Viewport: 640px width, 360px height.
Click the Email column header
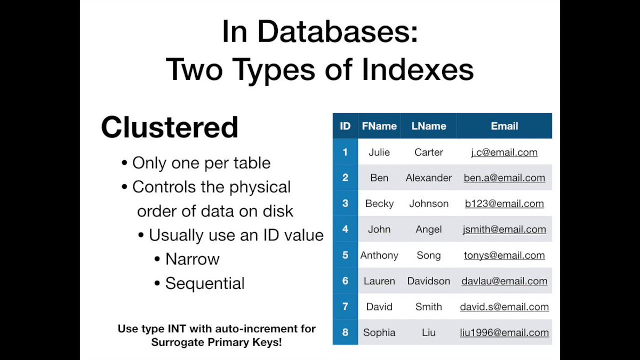pyautogui.click(x=504, y=126)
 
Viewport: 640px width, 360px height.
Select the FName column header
pyautogui.click(x=379, y=126)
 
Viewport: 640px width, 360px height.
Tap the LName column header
pyautogui.click(x=429, y=126)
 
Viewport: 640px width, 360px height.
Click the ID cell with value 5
pyautogui.click(x=345, y=255)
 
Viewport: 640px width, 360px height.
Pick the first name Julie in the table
pyautogui.click(x=379, y=153)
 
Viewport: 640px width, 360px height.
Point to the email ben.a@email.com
pyautogui.click(x=504, y=178)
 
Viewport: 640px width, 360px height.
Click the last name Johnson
pyautogui.click(x=429, y=204)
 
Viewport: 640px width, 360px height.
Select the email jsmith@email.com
pyautogui.click(x=504, y=229)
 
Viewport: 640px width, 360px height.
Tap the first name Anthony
pyautogui.click(x=379, y=255)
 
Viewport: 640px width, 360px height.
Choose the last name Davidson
pyautogui.click(x=429, y=281)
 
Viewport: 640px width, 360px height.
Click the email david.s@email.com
pyautogui.click(x=504, y=307)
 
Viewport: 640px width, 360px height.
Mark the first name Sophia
pyautogui.click(x=379, y=333)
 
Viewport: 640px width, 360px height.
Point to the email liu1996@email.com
pyautogui.click(x=504, y=333)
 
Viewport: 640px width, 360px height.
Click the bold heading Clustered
pyautogui.click(x=170, y=127)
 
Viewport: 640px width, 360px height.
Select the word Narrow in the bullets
pyautogui.click(x=193, y=259)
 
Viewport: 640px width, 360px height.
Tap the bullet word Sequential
pyautogui.click(x=205, y=283)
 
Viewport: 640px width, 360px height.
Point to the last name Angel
pyautogui.click(x=429, y=229)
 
